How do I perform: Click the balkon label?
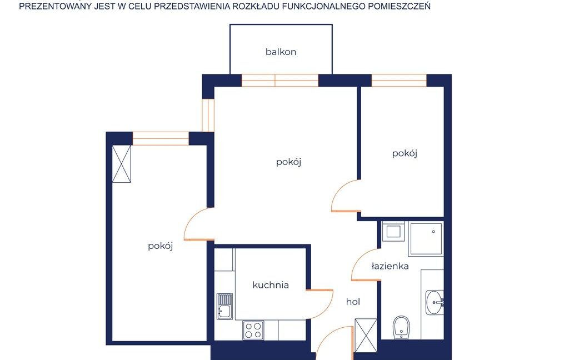point(281,52)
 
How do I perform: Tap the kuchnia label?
point(271,285)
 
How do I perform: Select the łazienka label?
point(390,266)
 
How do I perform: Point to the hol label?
point(353,302)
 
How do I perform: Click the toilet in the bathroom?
point(401,327)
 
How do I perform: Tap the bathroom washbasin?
point(435,302)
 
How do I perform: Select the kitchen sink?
point(224,306)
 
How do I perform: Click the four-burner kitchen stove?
point(253,330)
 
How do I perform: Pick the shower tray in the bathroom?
point(426,239)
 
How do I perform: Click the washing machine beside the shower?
point(393,231)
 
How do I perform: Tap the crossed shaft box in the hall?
point(366,336)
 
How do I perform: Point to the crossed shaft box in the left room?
point(122,164)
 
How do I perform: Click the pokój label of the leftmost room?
point(161,246)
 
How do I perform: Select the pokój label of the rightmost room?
point(405,153)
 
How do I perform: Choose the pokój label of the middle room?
point(289,162)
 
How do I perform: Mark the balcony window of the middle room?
point(280,80)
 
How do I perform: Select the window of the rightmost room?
point(399,80)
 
